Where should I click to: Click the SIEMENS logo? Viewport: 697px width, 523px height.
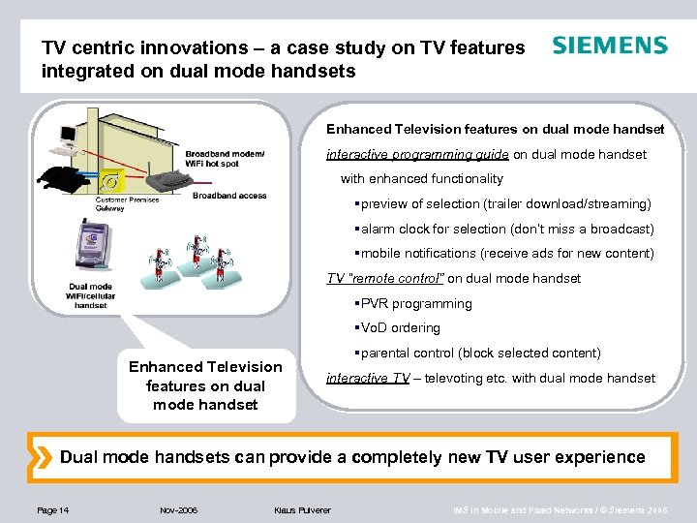609,46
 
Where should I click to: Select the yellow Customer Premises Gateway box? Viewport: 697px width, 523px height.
113,180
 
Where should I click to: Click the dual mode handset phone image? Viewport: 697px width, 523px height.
93,244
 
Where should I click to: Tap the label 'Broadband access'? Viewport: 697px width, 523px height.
229,196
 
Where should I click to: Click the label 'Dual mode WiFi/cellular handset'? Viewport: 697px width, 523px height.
90,295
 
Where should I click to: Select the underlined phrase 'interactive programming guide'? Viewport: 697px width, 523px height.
417,154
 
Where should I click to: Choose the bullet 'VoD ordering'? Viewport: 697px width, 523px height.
400,328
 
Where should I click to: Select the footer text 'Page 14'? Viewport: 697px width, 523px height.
51,509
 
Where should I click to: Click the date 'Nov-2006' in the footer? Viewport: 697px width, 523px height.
178,509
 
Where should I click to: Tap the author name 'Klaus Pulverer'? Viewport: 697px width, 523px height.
302,509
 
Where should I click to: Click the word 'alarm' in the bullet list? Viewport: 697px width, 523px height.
378,229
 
